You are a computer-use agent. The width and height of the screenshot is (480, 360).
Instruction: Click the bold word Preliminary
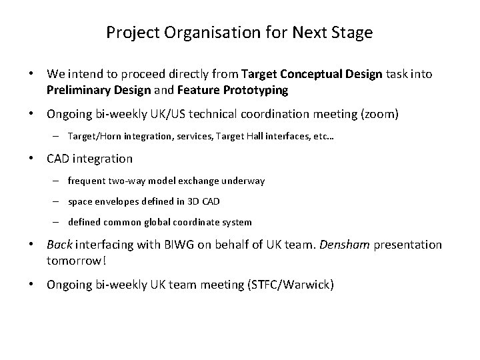tap(79, 89)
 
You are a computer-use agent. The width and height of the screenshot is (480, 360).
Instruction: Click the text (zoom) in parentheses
tap(380, 115)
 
